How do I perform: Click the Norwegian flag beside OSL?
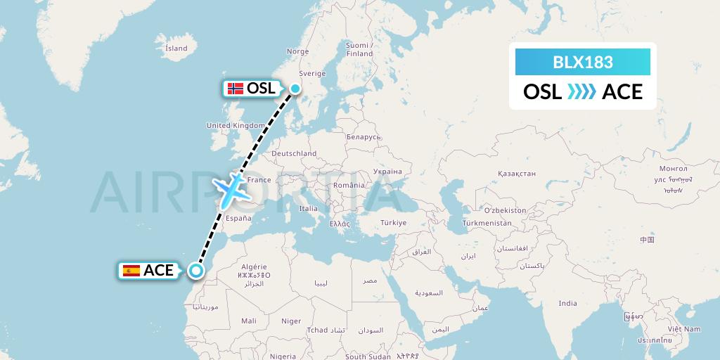[x=236, y=89]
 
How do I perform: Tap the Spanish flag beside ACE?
[x=131, y=271]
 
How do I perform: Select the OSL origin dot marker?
[x=295, y=89]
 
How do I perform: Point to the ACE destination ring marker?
[x=195, y=270]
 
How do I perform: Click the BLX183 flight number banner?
[x=583, y=62]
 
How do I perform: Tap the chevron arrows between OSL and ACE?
[x=582, y=91]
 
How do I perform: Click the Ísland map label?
[x=176, y=49]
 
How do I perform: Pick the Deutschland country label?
[x=294, y=153]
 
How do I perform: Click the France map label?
[x=259, y=180]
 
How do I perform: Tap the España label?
[x=238, y=219]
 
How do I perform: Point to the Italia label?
[x=309, y=209]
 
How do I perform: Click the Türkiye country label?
[x=393, y=223]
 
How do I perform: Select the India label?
[x=567, y=303]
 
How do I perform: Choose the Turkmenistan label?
[x=487, y=223]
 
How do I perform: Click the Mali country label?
[x=249, y=321]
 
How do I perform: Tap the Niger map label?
[x=291, y=321]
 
